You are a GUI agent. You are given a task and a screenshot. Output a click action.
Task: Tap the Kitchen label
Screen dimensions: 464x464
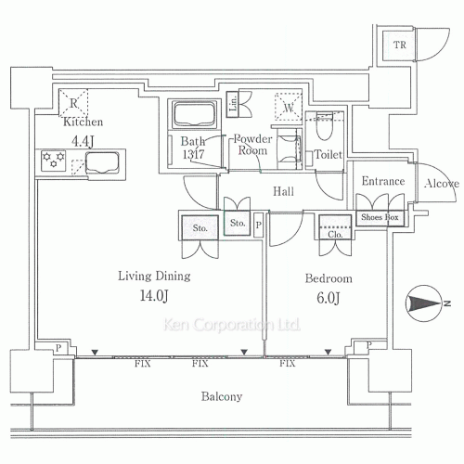(x=83, y=122)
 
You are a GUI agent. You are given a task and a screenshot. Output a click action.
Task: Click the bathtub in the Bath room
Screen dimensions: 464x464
(x=193, y=115)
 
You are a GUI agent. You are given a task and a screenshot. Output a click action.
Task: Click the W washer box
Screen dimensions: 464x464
(x=290, y=108)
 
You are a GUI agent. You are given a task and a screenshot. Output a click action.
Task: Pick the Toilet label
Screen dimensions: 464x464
(x=330, y=156)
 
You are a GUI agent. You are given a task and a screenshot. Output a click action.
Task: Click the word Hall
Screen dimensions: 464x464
(x=284, y=191)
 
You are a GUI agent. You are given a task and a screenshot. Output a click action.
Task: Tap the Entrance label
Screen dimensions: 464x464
(x=382, y=181)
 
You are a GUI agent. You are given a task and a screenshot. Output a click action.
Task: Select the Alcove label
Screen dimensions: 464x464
(x=442, y=184)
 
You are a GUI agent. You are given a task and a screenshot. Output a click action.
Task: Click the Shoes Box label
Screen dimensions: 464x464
(x=380, y=217)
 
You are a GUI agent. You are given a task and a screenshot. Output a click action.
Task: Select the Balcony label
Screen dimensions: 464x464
(x=222, y=396)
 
